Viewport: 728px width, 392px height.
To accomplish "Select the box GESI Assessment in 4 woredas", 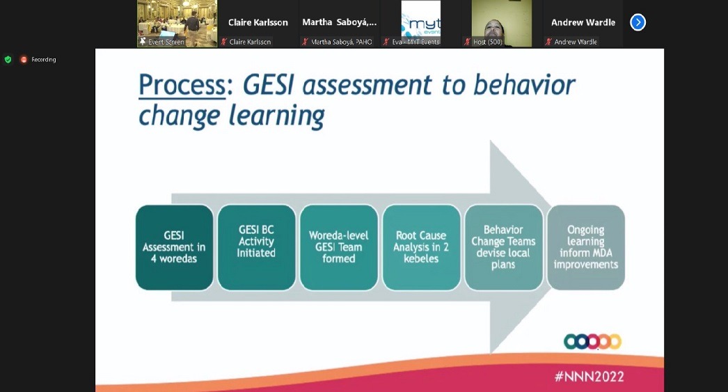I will point(175,247).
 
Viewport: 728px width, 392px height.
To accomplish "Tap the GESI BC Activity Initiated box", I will point(256,247).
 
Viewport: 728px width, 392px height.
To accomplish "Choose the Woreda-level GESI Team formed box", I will point(339,247).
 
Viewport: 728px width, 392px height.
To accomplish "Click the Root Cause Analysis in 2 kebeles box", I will point(421,247).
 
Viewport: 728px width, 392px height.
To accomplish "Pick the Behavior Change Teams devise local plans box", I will point(503,247).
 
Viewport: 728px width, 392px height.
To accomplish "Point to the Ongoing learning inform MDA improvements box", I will point(585,247).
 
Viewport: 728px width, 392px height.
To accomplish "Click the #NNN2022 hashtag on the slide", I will point(589,376).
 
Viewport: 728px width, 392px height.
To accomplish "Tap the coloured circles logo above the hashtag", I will point(592,341).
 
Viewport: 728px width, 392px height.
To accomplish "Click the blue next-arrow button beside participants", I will point(638,22).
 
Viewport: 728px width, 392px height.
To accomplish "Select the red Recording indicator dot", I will point(24,60).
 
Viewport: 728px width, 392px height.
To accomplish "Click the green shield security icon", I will point(8,60).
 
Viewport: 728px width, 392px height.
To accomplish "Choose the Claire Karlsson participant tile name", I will point(258,22).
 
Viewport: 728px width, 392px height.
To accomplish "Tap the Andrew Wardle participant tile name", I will point(583,22).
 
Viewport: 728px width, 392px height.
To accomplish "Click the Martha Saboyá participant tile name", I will point(340,22).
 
